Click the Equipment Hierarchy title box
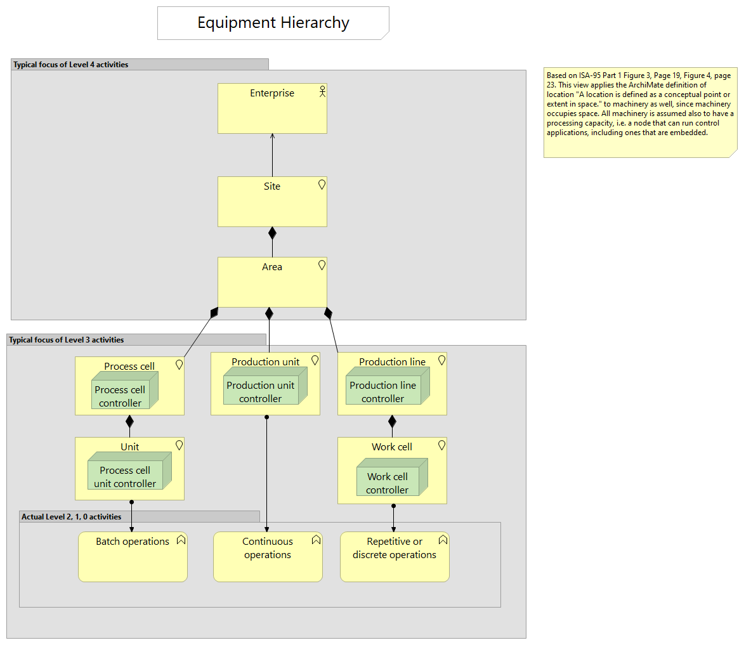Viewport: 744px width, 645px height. point(273,23)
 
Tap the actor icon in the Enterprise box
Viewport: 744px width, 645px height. point(322,91)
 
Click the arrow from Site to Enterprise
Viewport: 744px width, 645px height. point(272,155)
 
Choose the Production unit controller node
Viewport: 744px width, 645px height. point(261,391)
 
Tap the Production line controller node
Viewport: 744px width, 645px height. point(383,391)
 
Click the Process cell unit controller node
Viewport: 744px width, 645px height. point(125,476)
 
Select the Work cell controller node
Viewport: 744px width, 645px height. point(388,483)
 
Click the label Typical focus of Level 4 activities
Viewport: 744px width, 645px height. point(71,65)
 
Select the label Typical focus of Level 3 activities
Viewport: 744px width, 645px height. point(67,340)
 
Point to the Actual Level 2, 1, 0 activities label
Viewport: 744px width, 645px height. point(72,517)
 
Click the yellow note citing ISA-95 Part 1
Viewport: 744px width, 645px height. point(640,112)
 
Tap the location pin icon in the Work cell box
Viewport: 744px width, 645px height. point(441,445)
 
